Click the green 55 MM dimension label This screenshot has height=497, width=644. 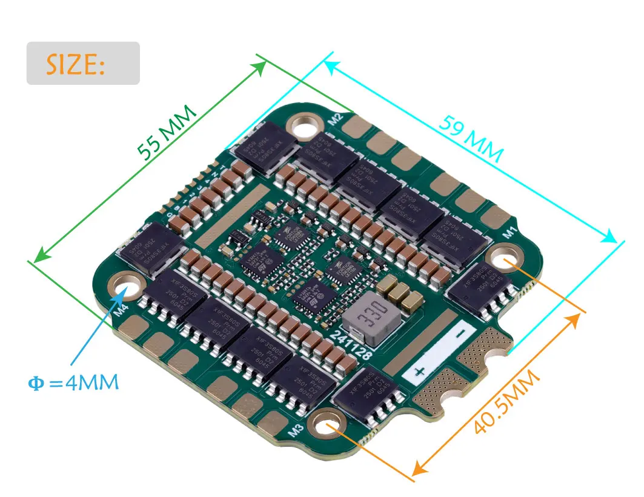pyautogui.click(x=166, y=132)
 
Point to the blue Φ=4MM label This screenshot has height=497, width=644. pyautogui.click(x=73, y=383)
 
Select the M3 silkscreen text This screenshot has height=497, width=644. pyautogui.click(x=296, y=431)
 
